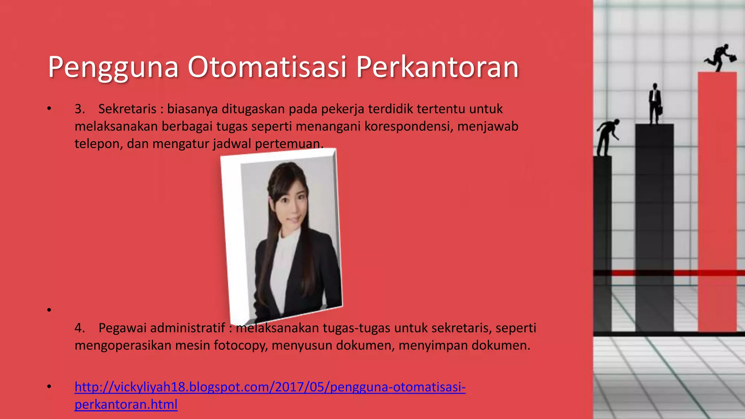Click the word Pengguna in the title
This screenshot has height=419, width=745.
click(x=113, y=67)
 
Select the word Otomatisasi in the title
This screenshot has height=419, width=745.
click(x=267, y=67)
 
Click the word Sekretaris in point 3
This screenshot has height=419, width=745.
click(x=127, y=109)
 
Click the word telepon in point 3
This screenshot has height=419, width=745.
click(x=97, y=144)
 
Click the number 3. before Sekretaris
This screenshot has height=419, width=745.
click(x=80, y=109)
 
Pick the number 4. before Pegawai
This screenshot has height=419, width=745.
click(x=80, y=328)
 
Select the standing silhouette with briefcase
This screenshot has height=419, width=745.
click(x=654, y=104)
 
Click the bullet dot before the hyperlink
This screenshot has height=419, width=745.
click(x=49, y=387)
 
